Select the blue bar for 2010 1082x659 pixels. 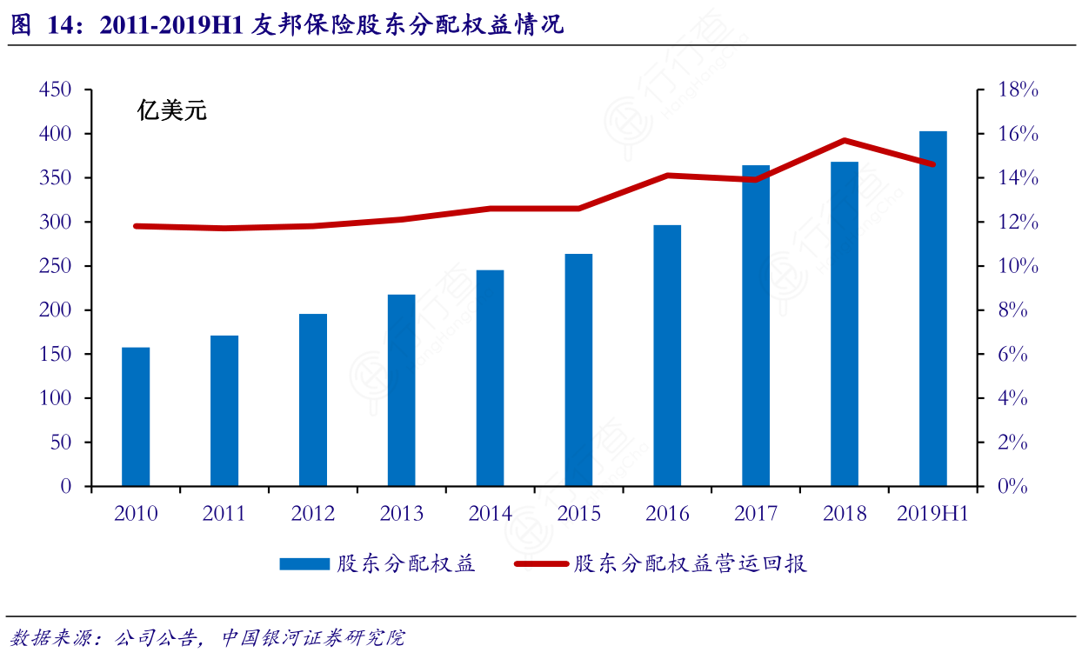(136, 416)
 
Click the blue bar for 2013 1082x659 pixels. (402, 390)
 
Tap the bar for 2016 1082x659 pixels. (667, 356)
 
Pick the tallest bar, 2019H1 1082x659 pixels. (933, 309)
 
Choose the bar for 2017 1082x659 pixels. (756, 326)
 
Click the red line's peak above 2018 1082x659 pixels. (845, 140)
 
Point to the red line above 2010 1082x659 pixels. (136, 226)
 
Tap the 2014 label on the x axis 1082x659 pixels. (491, 514)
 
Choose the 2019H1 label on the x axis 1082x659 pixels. (932, 514)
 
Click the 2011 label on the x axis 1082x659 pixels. (224, 514)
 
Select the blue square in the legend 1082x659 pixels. (304, 564)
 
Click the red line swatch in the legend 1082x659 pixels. (541, 564)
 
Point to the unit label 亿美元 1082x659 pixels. (171, 111)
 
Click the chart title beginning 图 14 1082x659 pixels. (287, 25)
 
